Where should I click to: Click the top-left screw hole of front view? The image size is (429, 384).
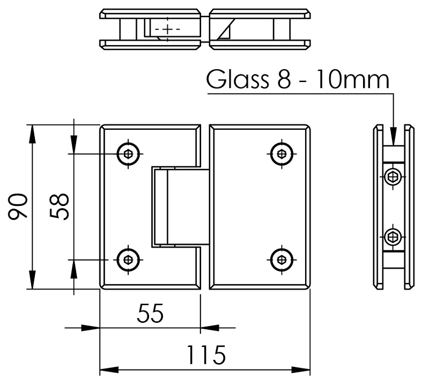[x=129, y=154]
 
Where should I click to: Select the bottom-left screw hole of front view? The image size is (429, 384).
[x=129, y=260]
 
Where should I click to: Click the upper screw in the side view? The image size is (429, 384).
[x=394, y=176]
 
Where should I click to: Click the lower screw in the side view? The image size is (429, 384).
[x=394, y=235]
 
